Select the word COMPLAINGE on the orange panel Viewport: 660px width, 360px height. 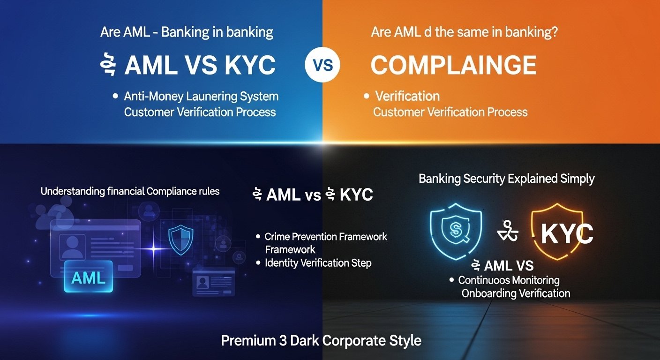(x=453, y=66)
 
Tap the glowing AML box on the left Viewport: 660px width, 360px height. (x=89, y=277)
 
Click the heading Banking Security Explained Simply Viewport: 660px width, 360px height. (x=506, y=179)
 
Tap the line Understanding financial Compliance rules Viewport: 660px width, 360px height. (x=130, y=191)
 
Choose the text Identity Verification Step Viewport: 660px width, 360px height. (x=318, y=263)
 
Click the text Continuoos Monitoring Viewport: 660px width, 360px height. (x=509, y=280)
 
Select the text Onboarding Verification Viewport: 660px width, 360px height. (x=516, y=293)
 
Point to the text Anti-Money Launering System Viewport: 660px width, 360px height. (x=201, y=97)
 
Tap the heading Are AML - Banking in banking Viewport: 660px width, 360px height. (x=187, y=33)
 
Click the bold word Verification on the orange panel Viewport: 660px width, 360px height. (x=407, y=97)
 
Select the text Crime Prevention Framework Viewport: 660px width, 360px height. (x=326, y=237)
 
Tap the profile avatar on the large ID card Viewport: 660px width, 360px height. (x=73, y=246)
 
